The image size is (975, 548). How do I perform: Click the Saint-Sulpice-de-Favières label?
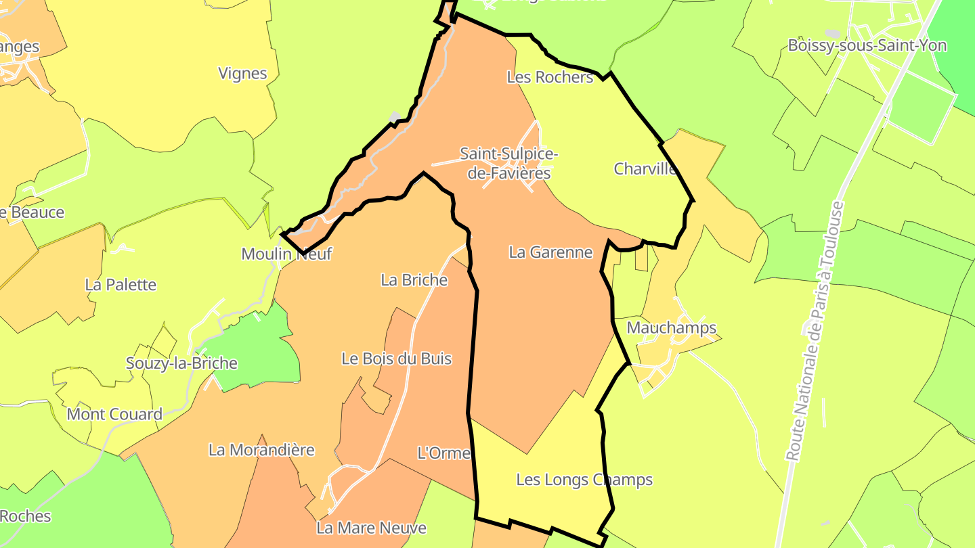509,164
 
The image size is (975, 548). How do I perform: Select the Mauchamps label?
671,328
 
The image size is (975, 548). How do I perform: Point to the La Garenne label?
550,252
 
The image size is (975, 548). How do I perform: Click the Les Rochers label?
550,77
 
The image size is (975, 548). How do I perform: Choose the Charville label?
645,168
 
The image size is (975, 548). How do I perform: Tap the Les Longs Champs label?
584,480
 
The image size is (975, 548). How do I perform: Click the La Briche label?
414,279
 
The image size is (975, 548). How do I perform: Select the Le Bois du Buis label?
396,359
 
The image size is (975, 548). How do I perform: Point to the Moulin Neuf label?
287,254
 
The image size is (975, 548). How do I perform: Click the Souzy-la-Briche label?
181,363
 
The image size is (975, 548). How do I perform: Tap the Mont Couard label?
114,414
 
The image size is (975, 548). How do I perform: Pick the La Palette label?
121,285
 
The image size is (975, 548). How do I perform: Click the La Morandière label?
261,450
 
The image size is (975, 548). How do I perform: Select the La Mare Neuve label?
371,528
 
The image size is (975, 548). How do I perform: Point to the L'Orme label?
443,453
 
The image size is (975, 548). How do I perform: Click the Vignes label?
242,73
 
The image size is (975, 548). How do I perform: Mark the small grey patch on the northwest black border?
395,117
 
